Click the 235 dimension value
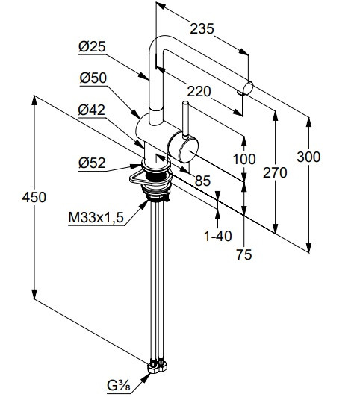coord(202,28)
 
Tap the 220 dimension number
coord(199,91)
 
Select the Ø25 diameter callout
coord(92,47)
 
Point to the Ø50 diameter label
coord(93,78)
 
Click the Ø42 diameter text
coord(91,110)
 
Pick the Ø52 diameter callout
coord(92,163)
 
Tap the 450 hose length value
coord(34,197)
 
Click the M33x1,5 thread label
coord(96,217)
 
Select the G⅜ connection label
coord(119,386)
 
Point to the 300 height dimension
coord(308,157)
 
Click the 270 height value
coord(275,172)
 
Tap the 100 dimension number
coord(244,159)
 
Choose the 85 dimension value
coord(202,181)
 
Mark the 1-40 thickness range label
coord(218,236)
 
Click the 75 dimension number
coord(244,254)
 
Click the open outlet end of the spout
coord(248,88)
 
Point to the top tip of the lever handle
coord(186,103)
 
